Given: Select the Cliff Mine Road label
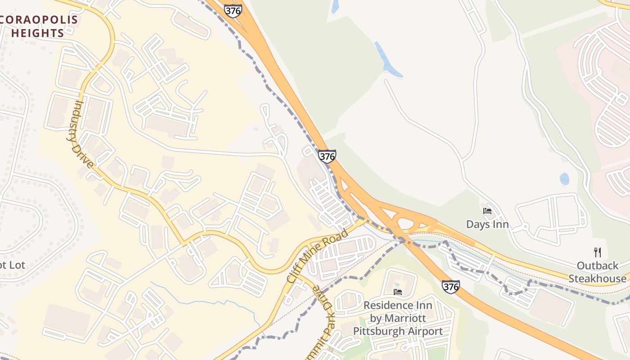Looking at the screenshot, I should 318,256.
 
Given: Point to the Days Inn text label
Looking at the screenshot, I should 487,224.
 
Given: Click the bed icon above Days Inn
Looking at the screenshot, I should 487,211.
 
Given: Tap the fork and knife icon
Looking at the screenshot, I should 598,252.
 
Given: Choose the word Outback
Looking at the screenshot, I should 598,265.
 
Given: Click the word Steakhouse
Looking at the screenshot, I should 597,279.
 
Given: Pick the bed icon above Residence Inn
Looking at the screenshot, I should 398,292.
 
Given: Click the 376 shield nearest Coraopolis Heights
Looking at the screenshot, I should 233,11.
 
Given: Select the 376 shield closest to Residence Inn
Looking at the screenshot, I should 450,286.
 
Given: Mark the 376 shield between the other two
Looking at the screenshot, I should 327,156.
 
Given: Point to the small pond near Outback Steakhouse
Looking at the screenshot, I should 564,179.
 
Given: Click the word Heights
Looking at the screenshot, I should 38,33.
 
